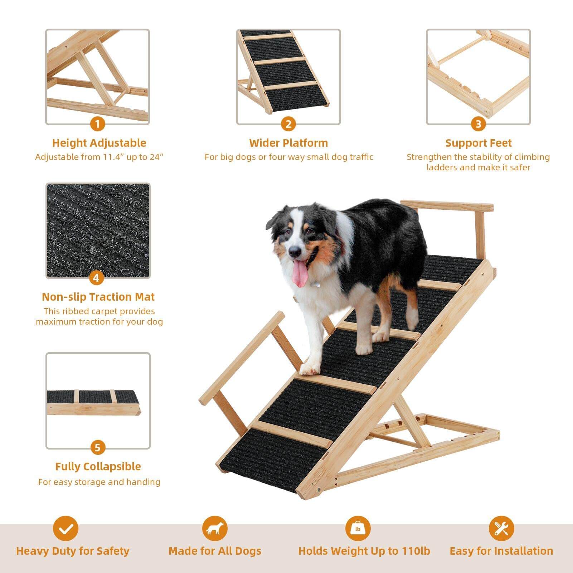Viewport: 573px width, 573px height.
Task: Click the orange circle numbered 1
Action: click(97, 125)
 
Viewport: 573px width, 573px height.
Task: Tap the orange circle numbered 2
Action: click(288, 125)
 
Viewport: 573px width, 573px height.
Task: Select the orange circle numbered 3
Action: click(479, 125)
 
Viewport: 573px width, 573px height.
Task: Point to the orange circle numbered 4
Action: click(96, 278)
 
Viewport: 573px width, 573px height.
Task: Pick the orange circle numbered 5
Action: click(98, 448)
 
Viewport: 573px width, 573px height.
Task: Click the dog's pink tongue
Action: click(300, 274)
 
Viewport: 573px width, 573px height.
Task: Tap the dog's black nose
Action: click(295, 252)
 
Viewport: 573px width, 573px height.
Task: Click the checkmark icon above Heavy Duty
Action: click(65, 528)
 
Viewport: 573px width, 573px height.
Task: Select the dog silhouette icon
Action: click(215, 528)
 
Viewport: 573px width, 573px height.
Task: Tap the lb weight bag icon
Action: click(358, 528)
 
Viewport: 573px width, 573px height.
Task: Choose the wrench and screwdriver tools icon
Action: click(501, 528)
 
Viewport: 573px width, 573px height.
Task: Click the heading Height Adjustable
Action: click(99, 143)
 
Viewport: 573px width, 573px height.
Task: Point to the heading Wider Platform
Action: click(288, 143)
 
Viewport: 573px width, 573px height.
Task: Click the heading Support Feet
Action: click(479, 143)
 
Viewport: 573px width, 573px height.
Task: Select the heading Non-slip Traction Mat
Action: click(98, 297)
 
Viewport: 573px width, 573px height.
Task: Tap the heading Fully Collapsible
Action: click(98, 466)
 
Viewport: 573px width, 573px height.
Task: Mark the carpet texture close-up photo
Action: click(98, 231)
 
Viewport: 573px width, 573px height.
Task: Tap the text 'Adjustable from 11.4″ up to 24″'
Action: click(99, 157)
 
